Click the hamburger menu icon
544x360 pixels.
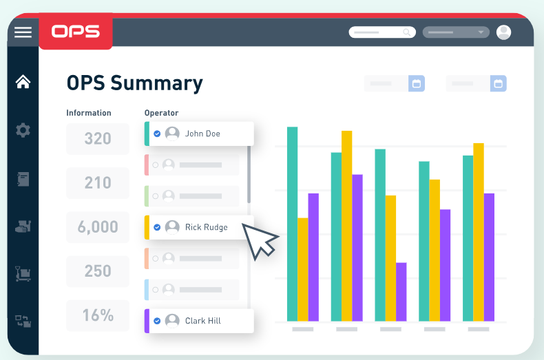pyautogui.click(x=23, y=32)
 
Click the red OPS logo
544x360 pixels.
pyautogui.click(x=75, y=32)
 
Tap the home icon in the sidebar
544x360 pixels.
pyautogui.click(x=23, y=82)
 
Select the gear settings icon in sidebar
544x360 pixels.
pyautogui.click(x=23, y=129)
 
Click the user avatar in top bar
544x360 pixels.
pyautogui.click(x=504, y=32)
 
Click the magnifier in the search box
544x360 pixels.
pyautogui.click(x=407, y=32)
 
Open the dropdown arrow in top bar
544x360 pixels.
pyautogui.click(x=481, y=32)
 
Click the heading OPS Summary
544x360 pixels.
pyautogui.click(x=134, y=83)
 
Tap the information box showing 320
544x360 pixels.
pyautogui.click(x=98, y=138)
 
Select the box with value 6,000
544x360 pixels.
pyautogui.click(x=98, y=226)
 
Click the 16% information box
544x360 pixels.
pyautogui.click(x=98, y=315)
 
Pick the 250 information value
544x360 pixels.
pyautogui.click(x=98, y=271)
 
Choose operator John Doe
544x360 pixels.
pyautogui.click(x=202, y=134)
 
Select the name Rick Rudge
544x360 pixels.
pyautogui.click(x=206, y=227)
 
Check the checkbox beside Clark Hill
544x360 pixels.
pyautogui.click(x=157, y=321)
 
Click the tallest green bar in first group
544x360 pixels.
pyautogui.click(x=292, y=224)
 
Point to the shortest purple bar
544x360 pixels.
pyautogui.click(x=401, y=291)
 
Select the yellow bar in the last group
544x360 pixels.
pyautogui.click(x=479, y=231)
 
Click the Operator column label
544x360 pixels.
pyautogui.click(x=161, y=113)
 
